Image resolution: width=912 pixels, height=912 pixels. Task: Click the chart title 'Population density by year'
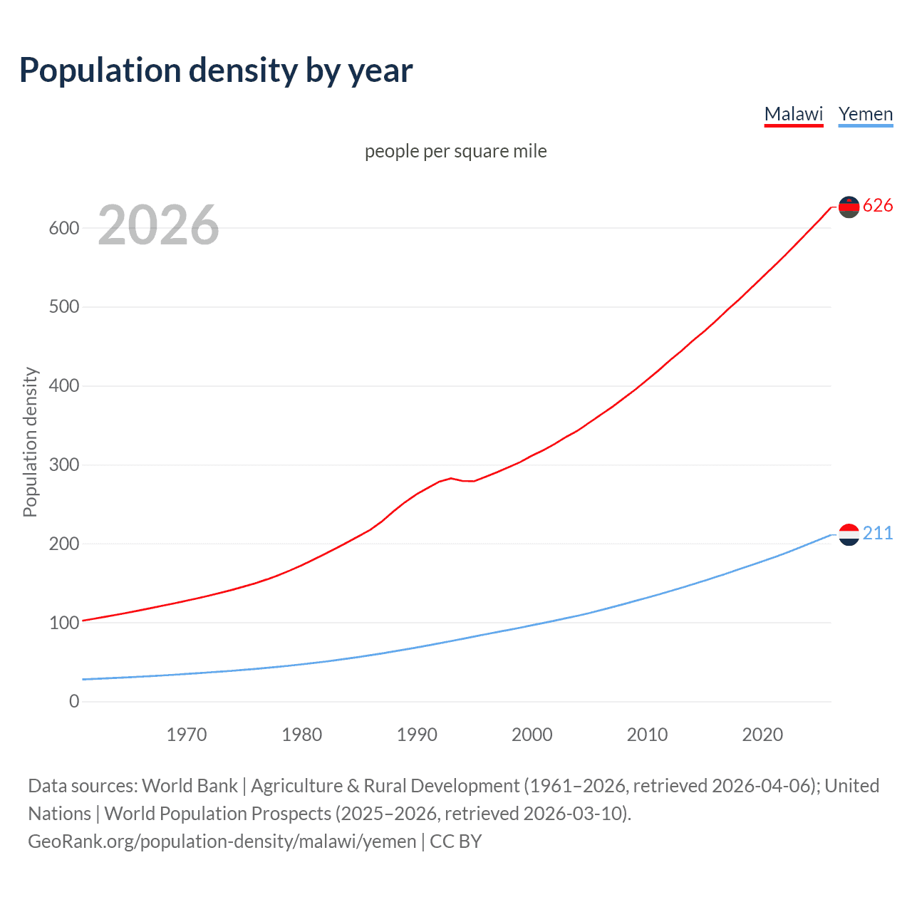[216, 71]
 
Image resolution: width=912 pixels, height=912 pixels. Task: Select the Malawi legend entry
[793, 114]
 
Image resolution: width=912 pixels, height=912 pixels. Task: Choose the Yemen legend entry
[865, 114]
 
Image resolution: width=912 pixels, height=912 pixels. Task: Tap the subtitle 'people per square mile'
[455, 151]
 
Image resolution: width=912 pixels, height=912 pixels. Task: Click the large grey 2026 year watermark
[158, 225]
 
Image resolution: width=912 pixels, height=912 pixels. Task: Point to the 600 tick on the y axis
[63, 228]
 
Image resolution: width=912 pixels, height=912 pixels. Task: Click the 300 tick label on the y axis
[63, 465]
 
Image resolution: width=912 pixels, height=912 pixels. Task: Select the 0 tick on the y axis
[74, 701]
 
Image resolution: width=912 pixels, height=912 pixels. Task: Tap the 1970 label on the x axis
[187, 735]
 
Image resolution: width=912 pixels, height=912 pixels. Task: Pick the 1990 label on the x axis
[417, 735]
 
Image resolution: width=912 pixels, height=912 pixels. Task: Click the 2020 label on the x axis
[762, 735]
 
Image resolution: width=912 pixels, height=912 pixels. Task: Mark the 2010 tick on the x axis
[647, 735]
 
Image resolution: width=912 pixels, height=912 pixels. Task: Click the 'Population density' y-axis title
[30, 442]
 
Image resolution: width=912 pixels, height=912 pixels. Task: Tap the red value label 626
[877, 206]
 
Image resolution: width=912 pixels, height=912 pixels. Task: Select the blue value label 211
[877, 534]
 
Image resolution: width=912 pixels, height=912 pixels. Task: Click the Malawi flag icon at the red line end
[849, 207]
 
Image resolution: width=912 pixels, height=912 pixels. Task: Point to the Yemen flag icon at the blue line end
[849, 534]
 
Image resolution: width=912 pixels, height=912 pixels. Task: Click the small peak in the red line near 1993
[451, 478]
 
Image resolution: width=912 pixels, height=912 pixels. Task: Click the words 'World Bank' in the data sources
[190, 786]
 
